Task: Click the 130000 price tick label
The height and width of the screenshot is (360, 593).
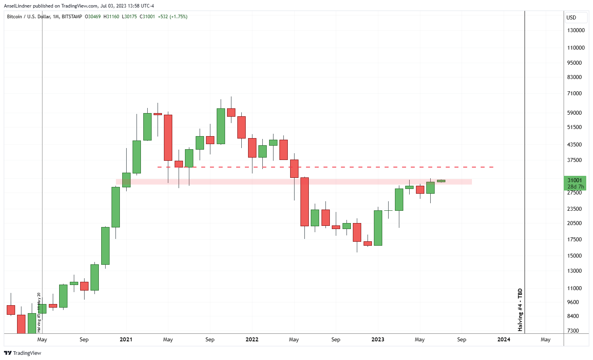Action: (x=576, y=30)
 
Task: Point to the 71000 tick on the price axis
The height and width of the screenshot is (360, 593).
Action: (x=574, y=93)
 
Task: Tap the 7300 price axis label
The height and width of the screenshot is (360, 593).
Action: (x=573, y=331)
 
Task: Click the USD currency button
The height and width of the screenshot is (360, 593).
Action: (x=572, y=17)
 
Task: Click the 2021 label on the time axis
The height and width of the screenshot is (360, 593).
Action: (x=126, y=339)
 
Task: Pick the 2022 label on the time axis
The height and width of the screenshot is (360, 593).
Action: (x=252, y=339)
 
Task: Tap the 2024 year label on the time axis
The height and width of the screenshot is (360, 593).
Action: (x=504, y=339)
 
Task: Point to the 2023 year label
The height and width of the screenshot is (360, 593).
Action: (x=377, y=339)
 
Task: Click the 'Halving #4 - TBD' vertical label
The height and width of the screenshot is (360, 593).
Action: (x=520, y=310)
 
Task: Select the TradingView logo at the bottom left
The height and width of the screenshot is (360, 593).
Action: (x=23, y=353)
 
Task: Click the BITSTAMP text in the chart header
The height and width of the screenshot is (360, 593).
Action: (x=72, y=17)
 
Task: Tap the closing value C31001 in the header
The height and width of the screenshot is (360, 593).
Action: (x=147, y=17)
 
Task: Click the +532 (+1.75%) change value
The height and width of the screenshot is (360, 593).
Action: (x=173, y=17)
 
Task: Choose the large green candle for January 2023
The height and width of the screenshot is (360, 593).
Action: (x=378, y=228)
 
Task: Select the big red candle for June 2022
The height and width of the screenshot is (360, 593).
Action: (x=304, y=202)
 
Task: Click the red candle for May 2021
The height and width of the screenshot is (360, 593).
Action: (x=168, y=137)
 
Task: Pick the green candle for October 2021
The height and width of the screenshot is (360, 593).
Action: (x=221, y=126)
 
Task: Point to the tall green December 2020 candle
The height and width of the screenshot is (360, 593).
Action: (x=116, y=207)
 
